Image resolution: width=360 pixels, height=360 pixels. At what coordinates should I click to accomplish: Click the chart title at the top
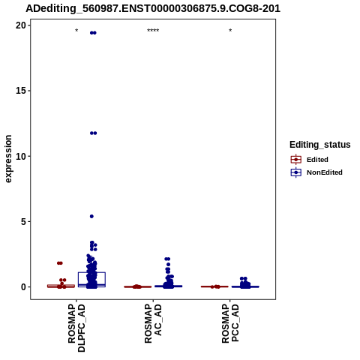(x=153, y=8)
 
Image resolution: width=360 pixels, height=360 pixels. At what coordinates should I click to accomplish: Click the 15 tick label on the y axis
(x=21, y=91)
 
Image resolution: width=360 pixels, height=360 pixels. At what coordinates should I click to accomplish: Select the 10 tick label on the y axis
(x=21, y=156)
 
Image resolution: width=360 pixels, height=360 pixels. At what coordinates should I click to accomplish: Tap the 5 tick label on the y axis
(x=23, y=221)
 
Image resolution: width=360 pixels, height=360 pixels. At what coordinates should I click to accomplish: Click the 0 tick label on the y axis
(x=23, y=287)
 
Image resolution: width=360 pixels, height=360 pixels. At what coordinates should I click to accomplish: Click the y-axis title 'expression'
(x=8, y=159)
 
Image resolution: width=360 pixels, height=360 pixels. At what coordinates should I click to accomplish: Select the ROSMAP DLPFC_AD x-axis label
(x=76, y=328)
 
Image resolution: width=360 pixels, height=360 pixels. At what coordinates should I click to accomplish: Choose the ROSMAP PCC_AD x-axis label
(x=230, y=323)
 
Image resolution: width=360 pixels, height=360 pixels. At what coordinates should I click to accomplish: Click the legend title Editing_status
(x=320, y=145)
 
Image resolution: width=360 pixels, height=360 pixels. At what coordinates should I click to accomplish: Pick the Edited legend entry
(x=310, y=160)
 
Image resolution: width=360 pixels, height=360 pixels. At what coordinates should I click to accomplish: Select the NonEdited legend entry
(x=316, y=172)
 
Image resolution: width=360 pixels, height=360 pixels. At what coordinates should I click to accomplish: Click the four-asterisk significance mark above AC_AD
(x=153, y=31)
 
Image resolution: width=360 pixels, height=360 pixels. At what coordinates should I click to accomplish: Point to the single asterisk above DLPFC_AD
(x=76, y=31)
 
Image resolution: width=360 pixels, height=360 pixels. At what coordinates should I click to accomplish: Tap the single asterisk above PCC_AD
(x=230, y=31)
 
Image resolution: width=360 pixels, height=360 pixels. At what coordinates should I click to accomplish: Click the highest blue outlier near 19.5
(x=93, y=33)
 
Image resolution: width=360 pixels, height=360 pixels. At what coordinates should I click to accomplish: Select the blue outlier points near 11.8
(x=93, y=133)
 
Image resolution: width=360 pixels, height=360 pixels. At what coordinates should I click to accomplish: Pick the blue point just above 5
(x=91, y=216)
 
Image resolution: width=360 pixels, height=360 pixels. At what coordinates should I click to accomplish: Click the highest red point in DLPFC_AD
(x=60, y=263)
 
